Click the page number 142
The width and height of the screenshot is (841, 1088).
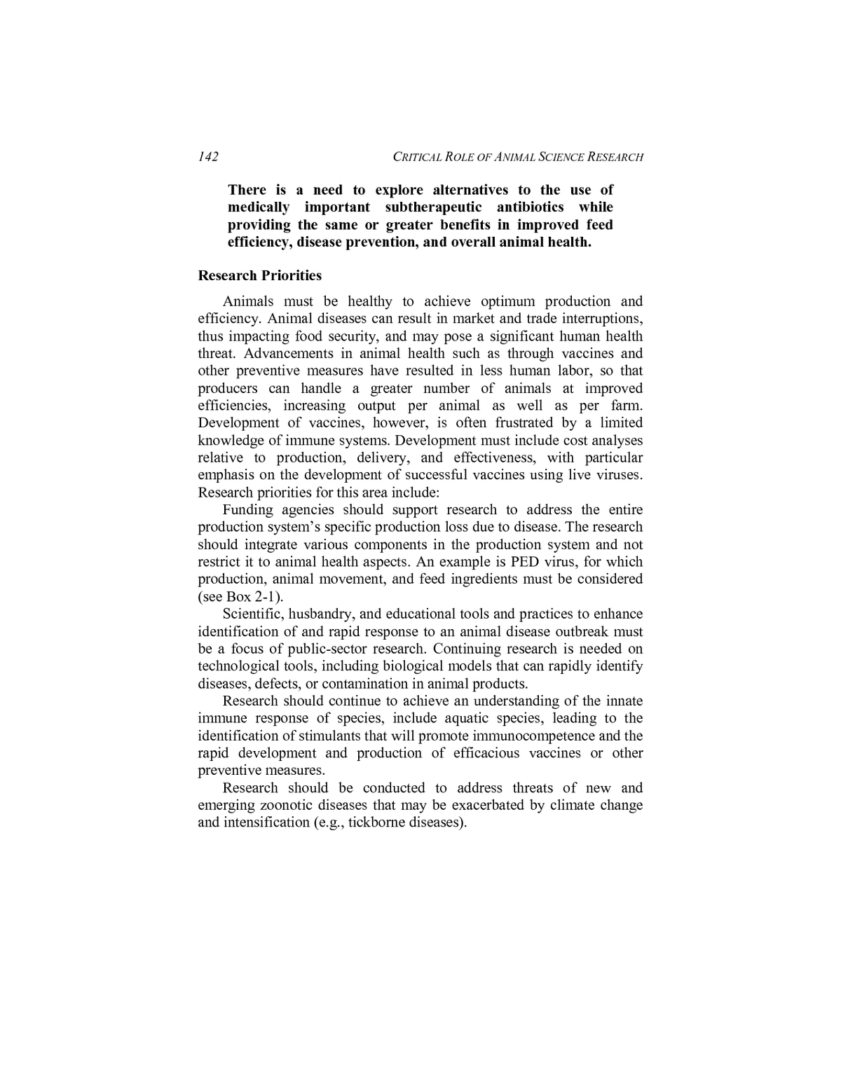click(208, 156)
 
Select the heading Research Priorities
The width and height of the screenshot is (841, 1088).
click(259, 275)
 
